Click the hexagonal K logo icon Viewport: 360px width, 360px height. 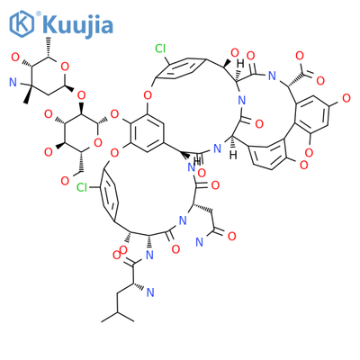click(22, 23)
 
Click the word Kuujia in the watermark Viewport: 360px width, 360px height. click(77, 25)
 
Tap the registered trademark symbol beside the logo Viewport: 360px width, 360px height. click(39, 13)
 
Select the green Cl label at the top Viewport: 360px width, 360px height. click(160, 48)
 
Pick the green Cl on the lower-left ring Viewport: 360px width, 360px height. click(82, 187)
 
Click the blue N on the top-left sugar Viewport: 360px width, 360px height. click(13, 83)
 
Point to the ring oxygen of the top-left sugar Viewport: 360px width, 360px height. click(65, 67)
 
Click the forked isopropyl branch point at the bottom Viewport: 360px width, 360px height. click(118, 312)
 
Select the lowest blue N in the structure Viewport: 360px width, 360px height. click(150, 292)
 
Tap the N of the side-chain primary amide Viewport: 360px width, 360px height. click(199, 242)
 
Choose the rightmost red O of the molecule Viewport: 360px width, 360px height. click(346, 98)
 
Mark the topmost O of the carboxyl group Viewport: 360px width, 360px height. click(300, 56)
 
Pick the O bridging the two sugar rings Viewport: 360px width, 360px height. click(81, 96)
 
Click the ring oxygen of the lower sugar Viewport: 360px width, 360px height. click(97, 143)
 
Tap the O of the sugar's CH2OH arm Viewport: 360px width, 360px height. click(65, 181)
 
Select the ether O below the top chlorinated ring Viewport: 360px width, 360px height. click(147, 96)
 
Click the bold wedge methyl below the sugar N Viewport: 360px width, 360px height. click(28, 94)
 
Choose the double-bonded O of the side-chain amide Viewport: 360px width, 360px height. click(231, 237)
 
